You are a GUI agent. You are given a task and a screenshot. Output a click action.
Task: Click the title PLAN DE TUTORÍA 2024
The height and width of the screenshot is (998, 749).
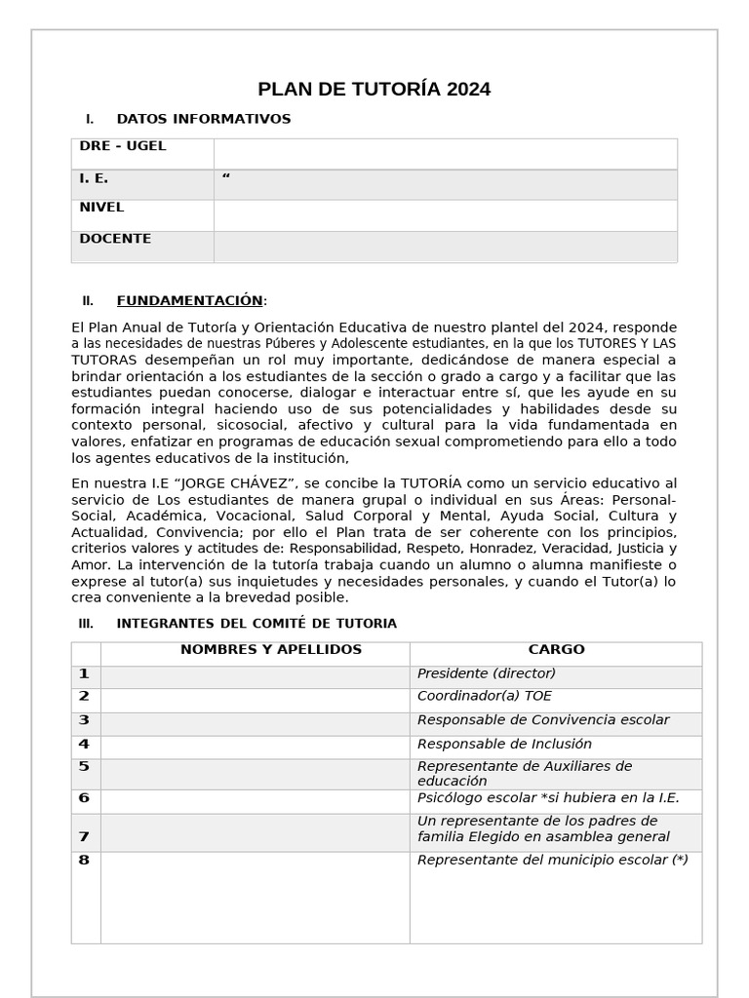(x=374, y=90)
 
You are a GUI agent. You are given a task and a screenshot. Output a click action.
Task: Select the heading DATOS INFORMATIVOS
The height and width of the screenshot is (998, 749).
(x=203, y=119)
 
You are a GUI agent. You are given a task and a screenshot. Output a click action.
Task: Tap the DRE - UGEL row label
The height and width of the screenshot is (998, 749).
(x=123, y=146)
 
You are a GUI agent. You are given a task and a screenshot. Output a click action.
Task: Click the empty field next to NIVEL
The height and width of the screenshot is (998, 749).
(x=445, y=215)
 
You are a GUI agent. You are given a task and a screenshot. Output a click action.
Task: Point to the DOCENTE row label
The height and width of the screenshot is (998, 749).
(x=115, y=239)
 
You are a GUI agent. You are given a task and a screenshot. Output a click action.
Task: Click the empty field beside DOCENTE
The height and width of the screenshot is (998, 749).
(x=445, y=247)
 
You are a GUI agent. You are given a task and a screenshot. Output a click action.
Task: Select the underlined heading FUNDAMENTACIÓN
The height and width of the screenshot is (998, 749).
(x=189, y=300)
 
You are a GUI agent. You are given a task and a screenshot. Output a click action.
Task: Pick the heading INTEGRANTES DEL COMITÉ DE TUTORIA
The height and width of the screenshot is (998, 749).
(x=256, y=624)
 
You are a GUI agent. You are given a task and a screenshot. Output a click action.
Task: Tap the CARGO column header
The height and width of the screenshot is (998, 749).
(x=556, y=650)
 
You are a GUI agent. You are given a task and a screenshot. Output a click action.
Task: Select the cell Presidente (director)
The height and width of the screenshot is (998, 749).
(x=486, y=673)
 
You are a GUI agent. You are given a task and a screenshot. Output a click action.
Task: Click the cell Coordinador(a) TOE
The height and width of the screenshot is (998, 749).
(x=484, y=697)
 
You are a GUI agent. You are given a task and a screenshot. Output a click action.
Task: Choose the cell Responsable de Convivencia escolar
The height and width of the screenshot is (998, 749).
(x=542, y=720)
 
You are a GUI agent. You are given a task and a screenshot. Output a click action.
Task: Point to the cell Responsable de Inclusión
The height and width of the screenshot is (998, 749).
(x=504, y=745)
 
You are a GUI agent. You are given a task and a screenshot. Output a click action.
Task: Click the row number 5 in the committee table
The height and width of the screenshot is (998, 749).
(x=84, y=767)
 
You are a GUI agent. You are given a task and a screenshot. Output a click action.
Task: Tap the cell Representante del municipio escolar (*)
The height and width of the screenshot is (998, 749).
(x=552, y=860)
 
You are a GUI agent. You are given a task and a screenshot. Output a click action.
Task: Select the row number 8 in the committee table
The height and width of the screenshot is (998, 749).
(x=84, y=860)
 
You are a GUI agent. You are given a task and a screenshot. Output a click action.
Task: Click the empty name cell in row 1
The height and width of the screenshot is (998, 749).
(x=255, y=676)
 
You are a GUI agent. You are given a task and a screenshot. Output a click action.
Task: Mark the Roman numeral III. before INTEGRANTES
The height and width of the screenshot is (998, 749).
(x=86, y=624)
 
